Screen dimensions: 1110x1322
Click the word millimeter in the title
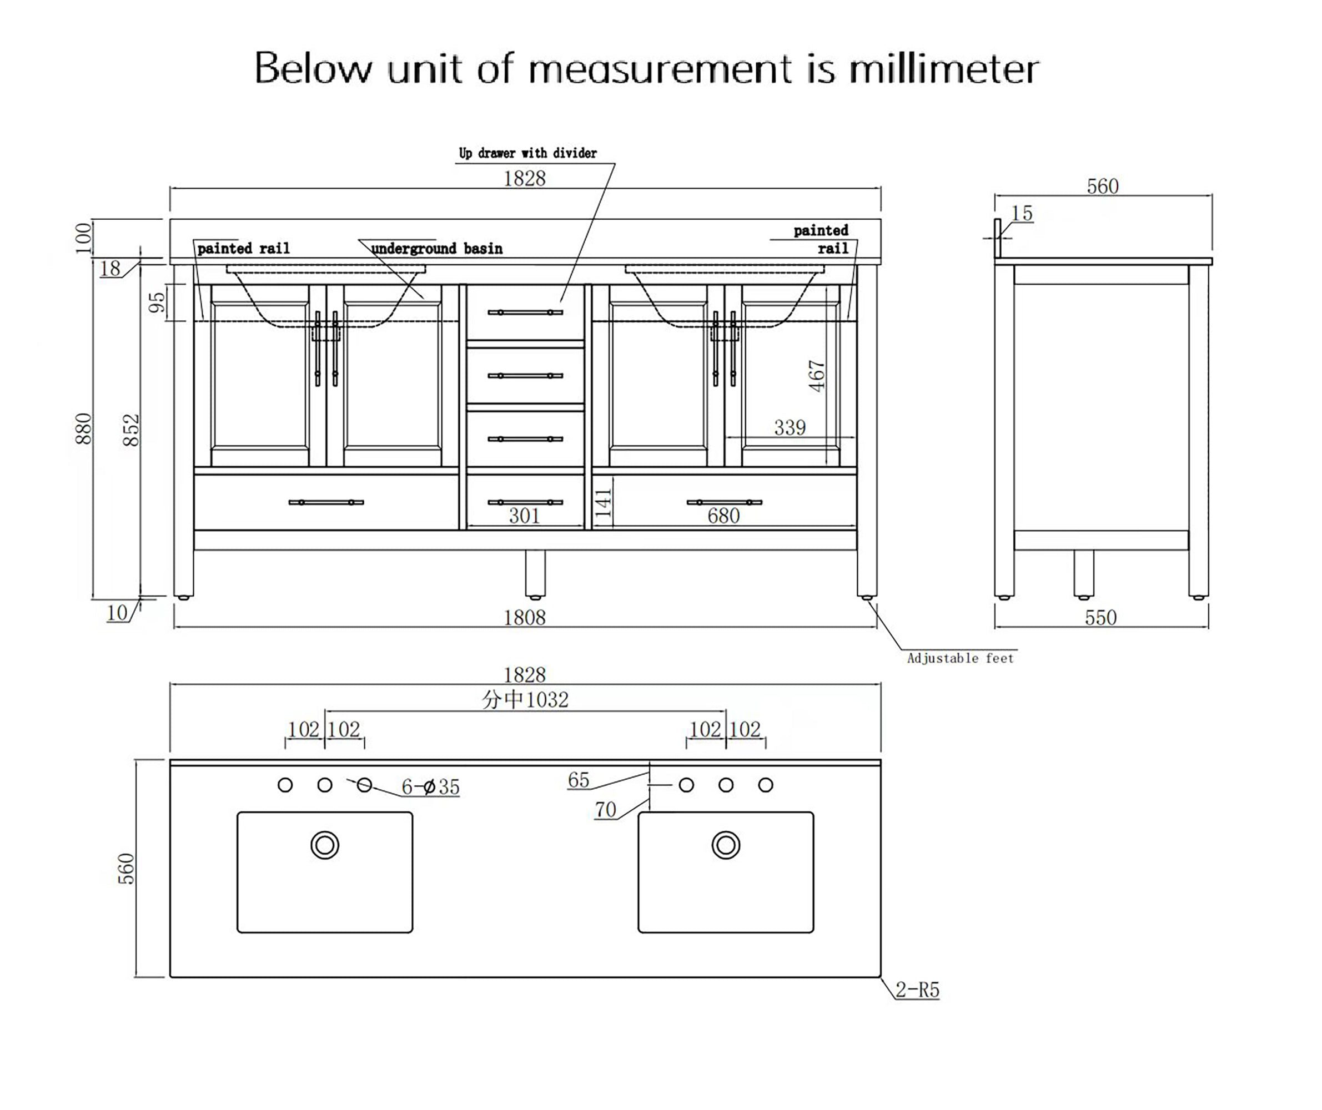(943, 69)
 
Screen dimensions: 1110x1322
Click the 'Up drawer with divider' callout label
(527, 153)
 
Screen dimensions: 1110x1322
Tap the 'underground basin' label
(437, 249)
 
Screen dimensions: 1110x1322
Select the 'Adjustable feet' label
(960, 658)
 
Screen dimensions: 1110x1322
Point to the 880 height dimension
(84, 428)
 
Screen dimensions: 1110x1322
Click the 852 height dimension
(130, 430)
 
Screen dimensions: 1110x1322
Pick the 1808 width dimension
(524, 617)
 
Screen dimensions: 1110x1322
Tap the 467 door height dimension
(817, 376)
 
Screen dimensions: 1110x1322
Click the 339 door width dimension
(790, 428)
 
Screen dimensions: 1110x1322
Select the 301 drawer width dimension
(524, 516)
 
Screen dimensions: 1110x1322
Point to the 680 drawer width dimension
(723, 516)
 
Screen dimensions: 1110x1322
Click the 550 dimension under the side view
(1100, 617)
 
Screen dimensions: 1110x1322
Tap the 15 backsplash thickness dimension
(1022, 214)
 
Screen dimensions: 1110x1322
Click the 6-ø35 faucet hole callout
(431, 786)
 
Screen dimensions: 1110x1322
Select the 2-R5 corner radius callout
(917, 990)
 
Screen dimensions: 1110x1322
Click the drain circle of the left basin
(325, 845)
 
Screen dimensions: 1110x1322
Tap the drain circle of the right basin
(726, 845)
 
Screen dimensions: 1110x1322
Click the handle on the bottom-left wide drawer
(326, 502)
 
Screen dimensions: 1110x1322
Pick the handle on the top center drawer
(525, 312)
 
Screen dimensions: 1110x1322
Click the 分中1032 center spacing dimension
(525, 700)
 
